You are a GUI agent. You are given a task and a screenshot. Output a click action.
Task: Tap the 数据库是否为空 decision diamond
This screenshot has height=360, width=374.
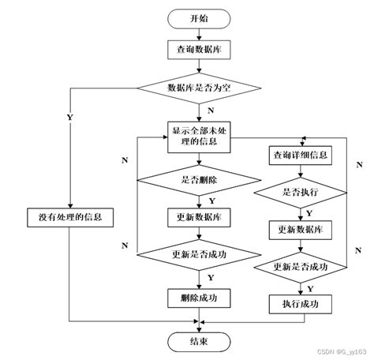click(x=199, y=87)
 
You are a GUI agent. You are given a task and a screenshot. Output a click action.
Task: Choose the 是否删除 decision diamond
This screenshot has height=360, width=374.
click(x=199, y=179)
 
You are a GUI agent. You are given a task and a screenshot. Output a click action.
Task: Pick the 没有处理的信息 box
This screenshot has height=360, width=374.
click(x=72, y=216)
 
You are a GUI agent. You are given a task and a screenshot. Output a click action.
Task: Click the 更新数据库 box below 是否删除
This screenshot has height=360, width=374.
click(x=199, y=216)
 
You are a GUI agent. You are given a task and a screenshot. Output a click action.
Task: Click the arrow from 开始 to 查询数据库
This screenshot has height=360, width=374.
click(x=200, y=34)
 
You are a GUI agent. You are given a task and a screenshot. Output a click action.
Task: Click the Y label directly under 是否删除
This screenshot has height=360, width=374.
click(x=211, y=201)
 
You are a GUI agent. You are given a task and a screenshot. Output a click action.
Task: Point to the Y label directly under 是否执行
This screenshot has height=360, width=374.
click(x=309, y=212)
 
